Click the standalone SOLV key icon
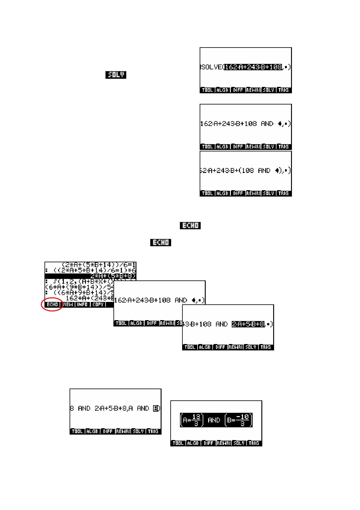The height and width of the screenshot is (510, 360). [116, 75]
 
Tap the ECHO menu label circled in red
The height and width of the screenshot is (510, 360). [52, 304]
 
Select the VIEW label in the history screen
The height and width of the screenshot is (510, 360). [68, 304]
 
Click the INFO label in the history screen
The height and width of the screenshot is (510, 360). [82, 304]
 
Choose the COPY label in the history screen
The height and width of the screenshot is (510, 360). [98, 304]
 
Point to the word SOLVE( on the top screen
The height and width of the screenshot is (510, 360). [212, 67]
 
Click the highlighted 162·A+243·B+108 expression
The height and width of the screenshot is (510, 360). [253, 67]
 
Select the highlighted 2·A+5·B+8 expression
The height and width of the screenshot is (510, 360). [248, 324]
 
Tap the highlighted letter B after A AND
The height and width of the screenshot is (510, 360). [156, 408]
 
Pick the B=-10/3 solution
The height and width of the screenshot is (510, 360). [238, 420]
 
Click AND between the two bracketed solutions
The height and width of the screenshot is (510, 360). [214, 420]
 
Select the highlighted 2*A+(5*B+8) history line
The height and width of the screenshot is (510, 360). [113, 276]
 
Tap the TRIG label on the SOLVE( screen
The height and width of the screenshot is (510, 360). [283, 90]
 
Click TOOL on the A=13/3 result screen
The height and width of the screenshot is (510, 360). [178, 443]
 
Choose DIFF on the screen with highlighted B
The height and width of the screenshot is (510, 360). [107, 431]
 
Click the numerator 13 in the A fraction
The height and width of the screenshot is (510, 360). [196, 417]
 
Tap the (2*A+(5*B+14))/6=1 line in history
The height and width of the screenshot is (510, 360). [99, 265]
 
